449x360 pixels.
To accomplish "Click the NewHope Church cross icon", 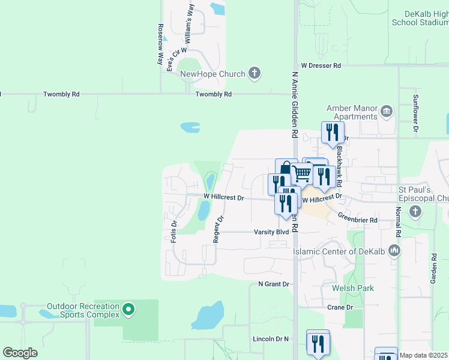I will [255, 74].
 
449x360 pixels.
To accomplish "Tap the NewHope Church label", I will [213, 74].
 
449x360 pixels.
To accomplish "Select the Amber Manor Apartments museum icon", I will [387, 110].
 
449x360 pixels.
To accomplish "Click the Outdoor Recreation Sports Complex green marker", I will [127, 310].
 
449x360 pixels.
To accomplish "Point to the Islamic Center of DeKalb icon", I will [394, 250].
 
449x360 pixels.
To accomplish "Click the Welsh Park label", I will [353, 289].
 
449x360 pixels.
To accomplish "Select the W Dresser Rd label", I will [321, 65].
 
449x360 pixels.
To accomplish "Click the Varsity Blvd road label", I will [271, 232].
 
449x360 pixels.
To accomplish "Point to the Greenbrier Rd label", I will [357, 220].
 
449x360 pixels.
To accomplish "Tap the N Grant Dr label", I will [274, 284].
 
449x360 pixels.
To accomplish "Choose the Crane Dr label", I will [340, 307].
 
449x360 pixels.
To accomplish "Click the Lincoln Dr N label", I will [271, 339].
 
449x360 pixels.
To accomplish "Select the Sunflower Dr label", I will [415, 113].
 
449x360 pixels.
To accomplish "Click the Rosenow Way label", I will [161, 44].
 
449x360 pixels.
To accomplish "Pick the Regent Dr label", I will [217, 229].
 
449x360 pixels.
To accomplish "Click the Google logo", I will [20, 353].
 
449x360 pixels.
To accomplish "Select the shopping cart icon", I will [301, 173].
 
